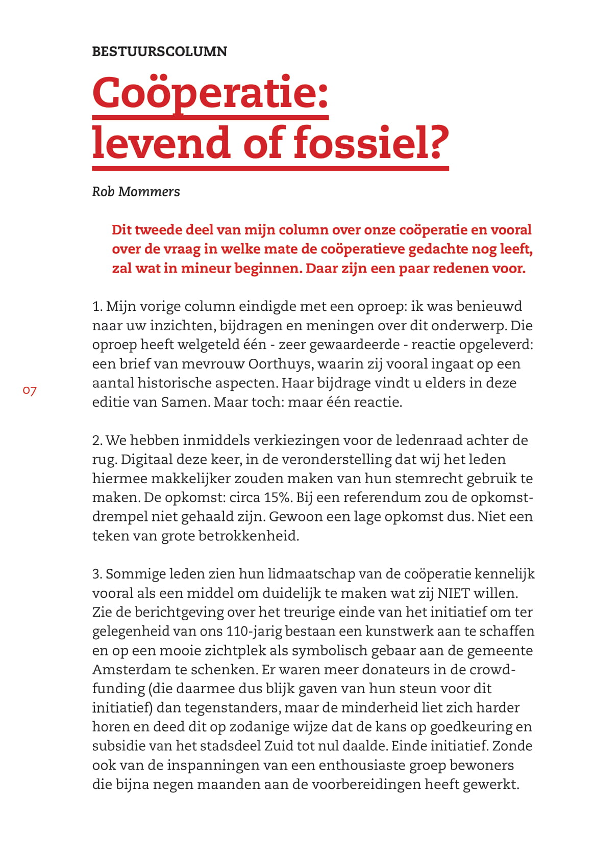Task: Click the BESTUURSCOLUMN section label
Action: (159, 51)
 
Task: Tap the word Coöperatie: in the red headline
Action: (210, 93)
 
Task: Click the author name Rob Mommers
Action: (136, 192)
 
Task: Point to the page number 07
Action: (30, 391)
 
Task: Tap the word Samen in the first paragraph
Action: (184, 402)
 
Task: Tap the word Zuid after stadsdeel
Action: (279, 746)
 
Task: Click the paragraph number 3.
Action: (96, 574)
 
